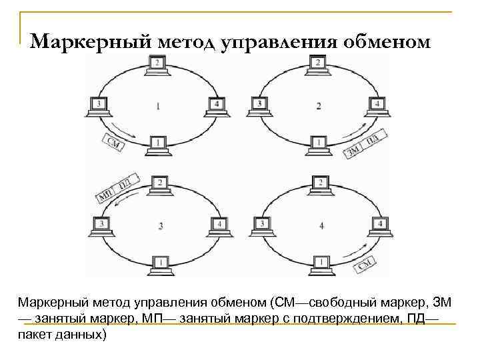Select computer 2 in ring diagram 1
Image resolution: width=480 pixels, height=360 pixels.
tap(157, 65)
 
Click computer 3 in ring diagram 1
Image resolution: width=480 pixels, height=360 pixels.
tap(99, 105)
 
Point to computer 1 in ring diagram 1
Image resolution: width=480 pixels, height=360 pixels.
tap(157, 144)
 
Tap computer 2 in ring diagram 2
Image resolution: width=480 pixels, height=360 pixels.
tap(318, 65)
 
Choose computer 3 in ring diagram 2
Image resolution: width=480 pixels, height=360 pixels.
tap(259, 105)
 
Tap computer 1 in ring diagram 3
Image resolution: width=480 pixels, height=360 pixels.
tap(158, 263)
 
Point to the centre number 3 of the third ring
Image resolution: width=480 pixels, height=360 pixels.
tap(160, 226)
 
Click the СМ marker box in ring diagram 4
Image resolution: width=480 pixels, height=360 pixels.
tap(369, 265)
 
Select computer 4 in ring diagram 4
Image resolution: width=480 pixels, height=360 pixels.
tap(379, 225)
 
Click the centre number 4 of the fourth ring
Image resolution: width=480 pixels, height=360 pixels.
tap(321, 226)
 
